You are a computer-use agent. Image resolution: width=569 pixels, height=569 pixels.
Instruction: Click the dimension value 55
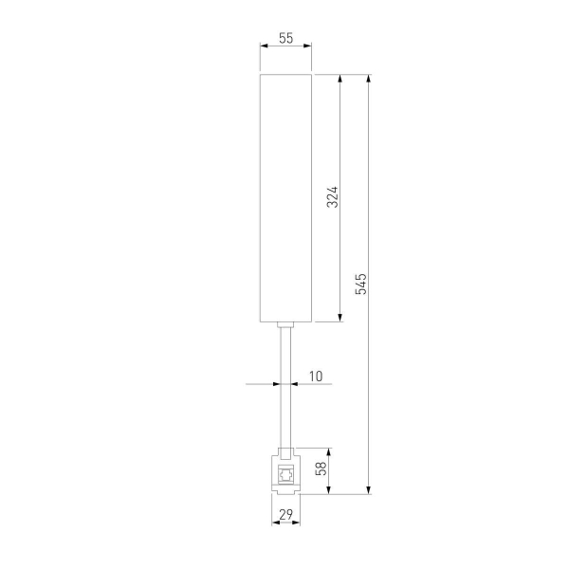pyautogui.click(x=286, y=38)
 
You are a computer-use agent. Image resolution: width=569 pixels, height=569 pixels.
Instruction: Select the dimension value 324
pyautogui.click(x=333, y=197)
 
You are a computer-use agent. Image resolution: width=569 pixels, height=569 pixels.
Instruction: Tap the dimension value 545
pyautogui.click(x=361, y=284)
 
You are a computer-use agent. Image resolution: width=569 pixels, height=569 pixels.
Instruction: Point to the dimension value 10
pyautogui.click(x=316, y=376)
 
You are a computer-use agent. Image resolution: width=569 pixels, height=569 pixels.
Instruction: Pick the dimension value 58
pyautogui.click(x=321, y=468)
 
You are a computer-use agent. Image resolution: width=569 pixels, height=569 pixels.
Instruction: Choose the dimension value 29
pyautogui.click(x=286, y=514)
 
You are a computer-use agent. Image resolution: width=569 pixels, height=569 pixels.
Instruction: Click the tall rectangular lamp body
pyautogui.click(x=286, y=198)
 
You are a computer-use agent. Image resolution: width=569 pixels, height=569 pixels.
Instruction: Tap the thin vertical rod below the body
pyautogui.click(x=286, y=388)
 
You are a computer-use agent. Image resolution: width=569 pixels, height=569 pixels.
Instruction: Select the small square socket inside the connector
pyautogui.click(x=286, y=474)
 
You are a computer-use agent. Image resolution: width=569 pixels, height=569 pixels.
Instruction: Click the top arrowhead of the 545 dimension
pyautogui.click(x=369, y=79)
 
